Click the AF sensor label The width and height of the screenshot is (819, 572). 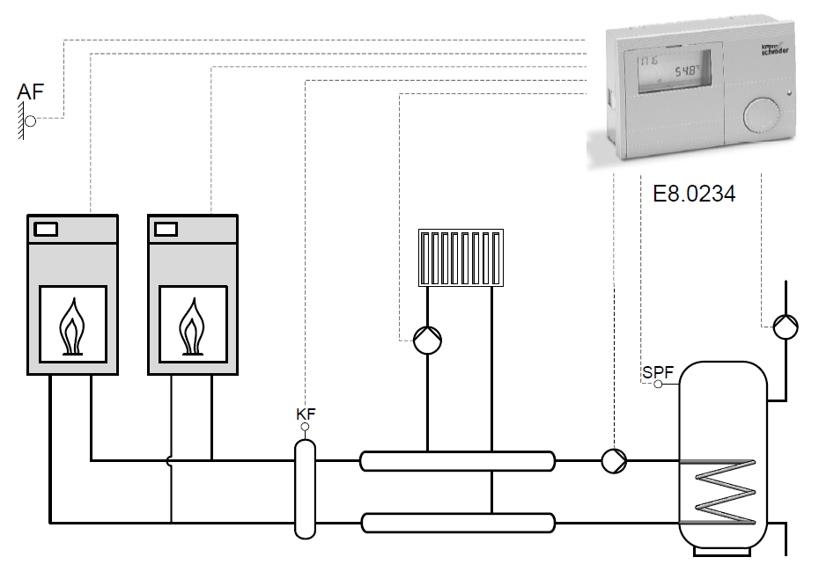coord(30,91)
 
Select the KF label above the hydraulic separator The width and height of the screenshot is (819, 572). coord(305,412)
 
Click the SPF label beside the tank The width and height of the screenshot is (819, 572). coord(658,371)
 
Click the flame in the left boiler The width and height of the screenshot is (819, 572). coord(73,325)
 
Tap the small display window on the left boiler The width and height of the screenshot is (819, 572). coord(46,230)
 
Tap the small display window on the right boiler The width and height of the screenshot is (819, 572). coord(166,230)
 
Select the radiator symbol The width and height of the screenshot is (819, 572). coord(460,258)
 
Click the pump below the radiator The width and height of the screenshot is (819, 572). coord(427,339)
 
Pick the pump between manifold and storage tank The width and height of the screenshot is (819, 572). coord(614,458)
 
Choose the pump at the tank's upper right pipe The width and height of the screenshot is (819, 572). coord(786,326)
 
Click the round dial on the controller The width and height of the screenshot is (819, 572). coord(759,114)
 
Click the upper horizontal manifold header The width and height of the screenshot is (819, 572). coord(457,459)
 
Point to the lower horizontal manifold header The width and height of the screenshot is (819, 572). coord(457,523)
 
